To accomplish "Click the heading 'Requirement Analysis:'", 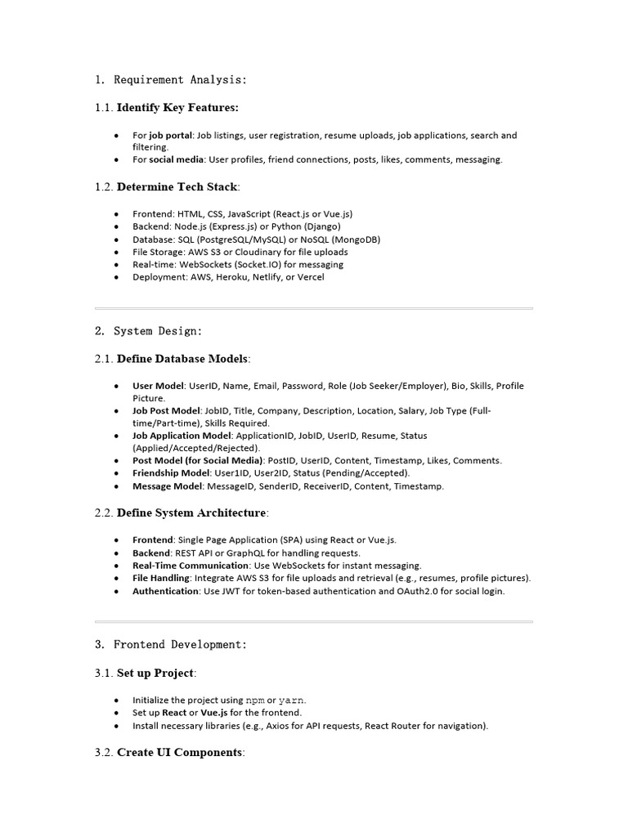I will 180,80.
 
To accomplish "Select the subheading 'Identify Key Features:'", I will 177,107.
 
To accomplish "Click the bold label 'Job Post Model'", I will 166,410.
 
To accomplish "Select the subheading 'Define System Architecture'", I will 191,512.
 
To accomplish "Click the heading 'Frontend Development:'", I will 180,645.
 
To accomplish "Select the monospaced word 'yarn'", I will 291,700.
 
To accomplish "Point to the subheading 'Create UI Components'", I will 180,752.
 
